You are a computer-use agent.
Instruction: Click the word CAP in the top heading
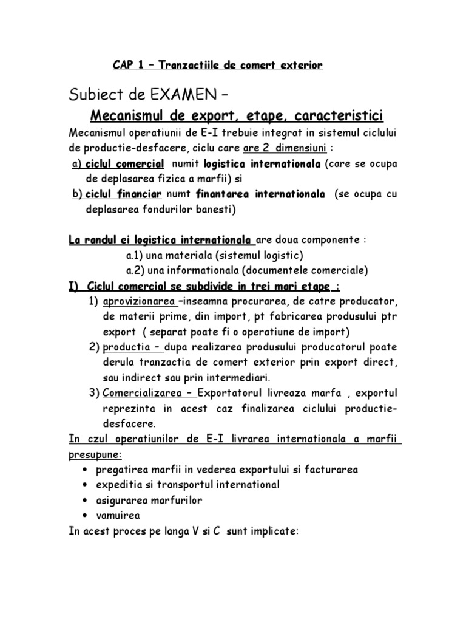(x=125, y=66)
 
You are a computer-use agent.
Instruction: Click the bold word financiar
(x=140, y=194)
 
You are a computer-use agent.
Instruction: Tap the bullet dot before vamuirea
(x=81, y=516)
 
